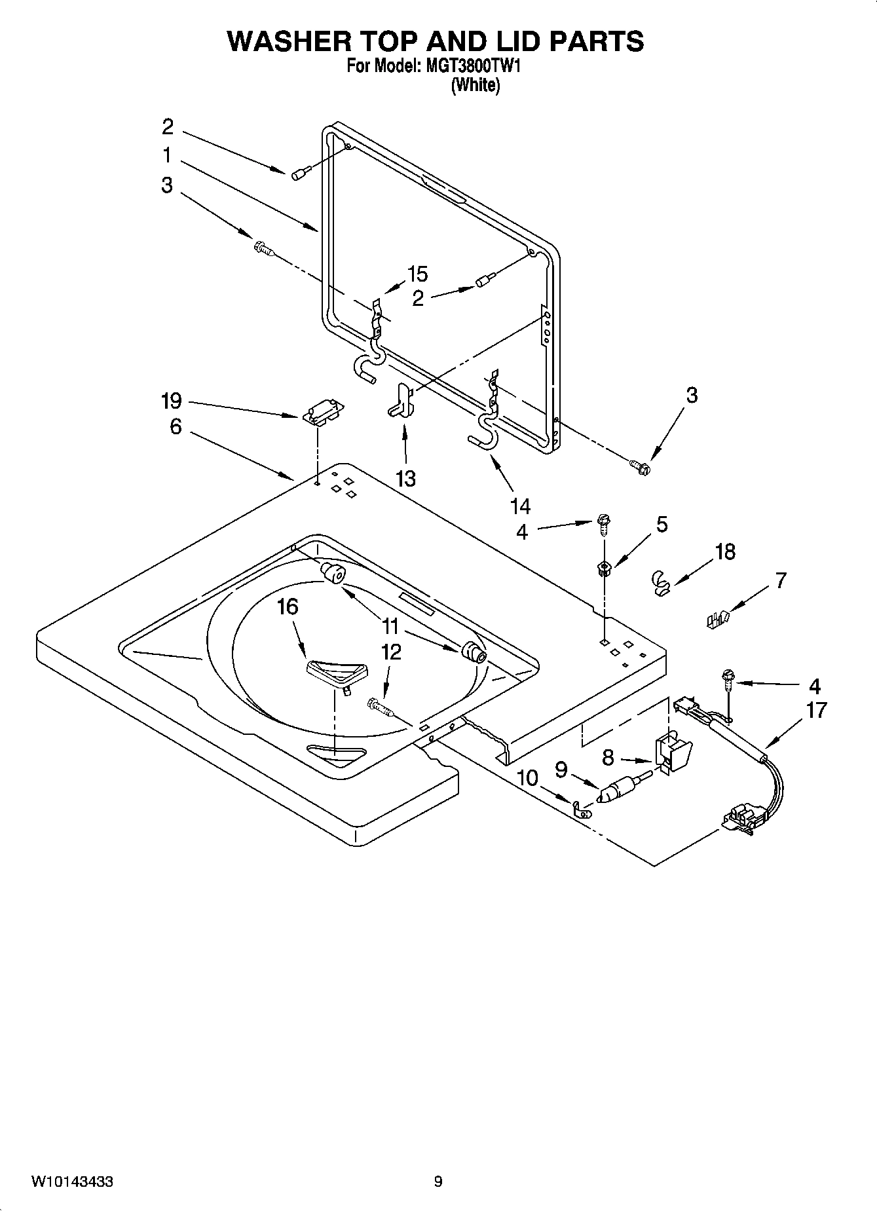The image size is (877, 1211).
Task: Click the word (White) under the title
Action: (476, 85)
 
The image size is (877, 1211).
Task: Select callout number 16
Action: (288, 607)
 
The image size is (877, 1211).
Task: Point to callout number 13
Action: (405, 479)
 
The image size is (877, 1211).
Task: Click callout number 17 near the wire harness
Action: (816, 710)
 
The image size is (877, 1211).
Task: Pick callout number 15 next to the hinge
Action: (417, 274)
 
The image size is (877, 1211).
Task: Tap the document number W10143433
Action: (71, 1182)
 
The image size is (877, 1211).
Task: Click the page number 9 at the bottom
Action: (438, 1182)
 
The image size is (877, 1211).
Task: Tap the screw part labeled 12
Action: (380, 707)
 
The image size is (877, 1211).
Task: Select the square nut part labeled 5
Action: (603, 567)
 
